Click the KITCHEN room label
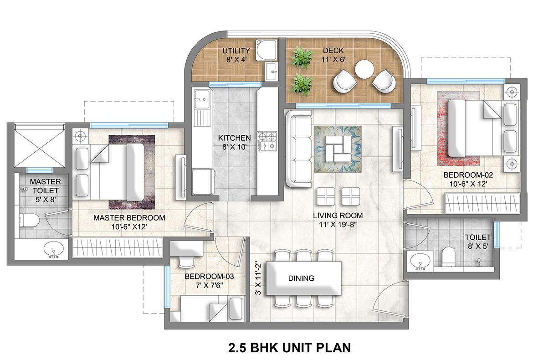(234, 138)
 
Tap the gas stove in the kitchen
(267, 141)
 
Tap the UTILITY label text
(236, 51)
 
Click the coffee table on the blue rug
(338, 149)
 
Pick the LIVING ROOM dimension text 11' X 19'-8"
(338, 224)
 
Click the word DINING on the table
(301, 278)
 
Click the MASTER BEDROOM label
(129, 218)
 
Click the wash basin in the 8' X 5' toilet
(420, 262)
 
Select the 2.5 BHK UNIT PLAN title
(289, 348)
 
